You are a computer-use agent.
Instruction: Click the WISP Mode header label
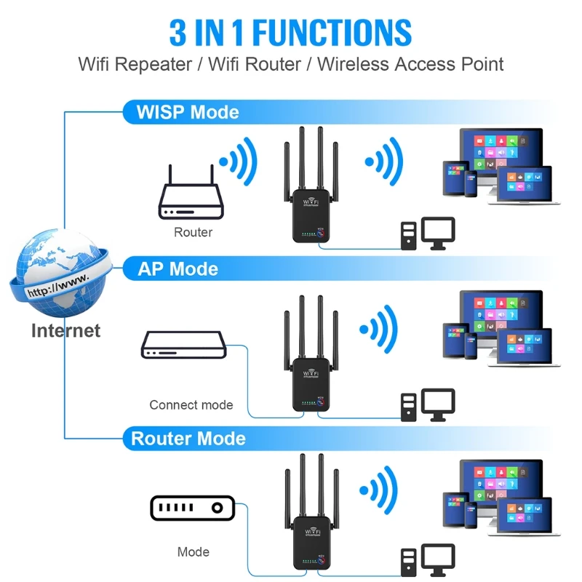(x=188, y=112)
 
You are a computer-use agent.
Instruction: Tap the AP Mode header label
(x=178, y=269)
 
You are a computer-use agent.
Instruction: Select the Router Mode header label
(x=188, y=439)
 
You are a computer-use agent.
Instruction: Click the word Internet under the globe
(x=65, y=330)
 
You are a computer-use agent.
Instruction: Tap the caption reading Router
(x=193, y=233)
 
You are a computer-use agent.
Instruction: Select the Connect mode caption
(x=191, y=405)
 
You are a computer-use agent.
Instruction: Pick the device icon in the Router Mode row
(x=192, y=509)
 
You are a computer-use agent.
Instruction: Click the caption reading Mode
(x=193, y=552)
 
